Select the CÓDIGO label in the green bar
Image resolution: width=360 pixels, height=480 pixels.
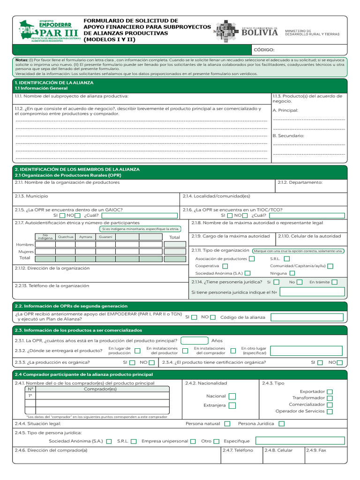point(264,50)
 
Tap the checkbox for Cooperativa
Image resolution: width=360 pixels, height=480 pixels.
point(225,266)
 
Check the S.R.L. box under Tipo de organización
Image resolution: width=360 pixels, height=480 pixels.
point(287,258)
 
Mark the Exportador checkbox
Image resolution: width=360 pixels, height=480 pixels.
point(330,391)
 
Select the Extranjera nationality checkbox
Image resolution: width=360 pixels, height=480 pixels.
point(232,405)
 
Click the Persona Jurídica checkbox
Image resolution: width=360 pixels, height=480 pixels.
point(282,424)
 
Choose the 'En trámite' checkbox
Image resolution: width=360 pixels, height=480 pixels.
point(334,282)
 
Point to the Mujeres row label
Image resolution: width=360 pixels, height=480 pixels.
point(26,252)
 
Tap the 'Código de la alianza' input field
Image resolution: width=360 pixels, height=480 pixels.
point(308,317)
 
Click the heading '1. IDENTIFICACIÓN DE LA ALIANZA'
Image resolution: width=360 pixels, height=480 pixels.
point(54,82)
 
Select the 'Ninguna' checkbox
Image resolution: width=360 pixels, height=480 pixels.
point(292,273)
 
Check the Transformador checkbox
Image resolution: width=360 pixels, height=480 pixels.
point(330,398)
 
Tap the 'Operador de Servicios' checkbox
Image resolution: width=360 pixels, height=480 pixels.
point(330,411)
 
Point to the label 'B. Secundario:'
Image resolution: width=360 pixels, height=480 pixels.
point(288,135)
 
